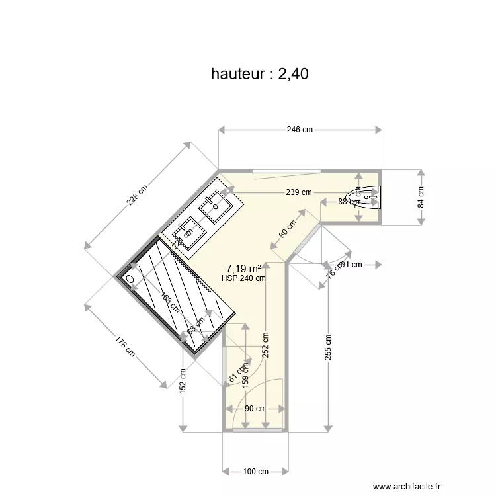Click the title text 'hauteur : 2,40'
[259, 74]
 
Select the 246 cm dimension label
[300, 130]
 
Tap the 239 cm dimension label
[298, 192]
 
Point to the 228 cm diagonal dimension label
[138, 195]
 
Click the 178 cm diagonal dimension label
[126, 347]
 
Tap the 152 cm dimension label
[183, 381]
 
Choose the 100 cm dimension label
[255, 472]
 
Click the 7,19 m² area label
[243, 269]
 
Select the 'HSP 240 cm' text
[243, 278]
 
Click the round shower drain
[130, 280]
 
